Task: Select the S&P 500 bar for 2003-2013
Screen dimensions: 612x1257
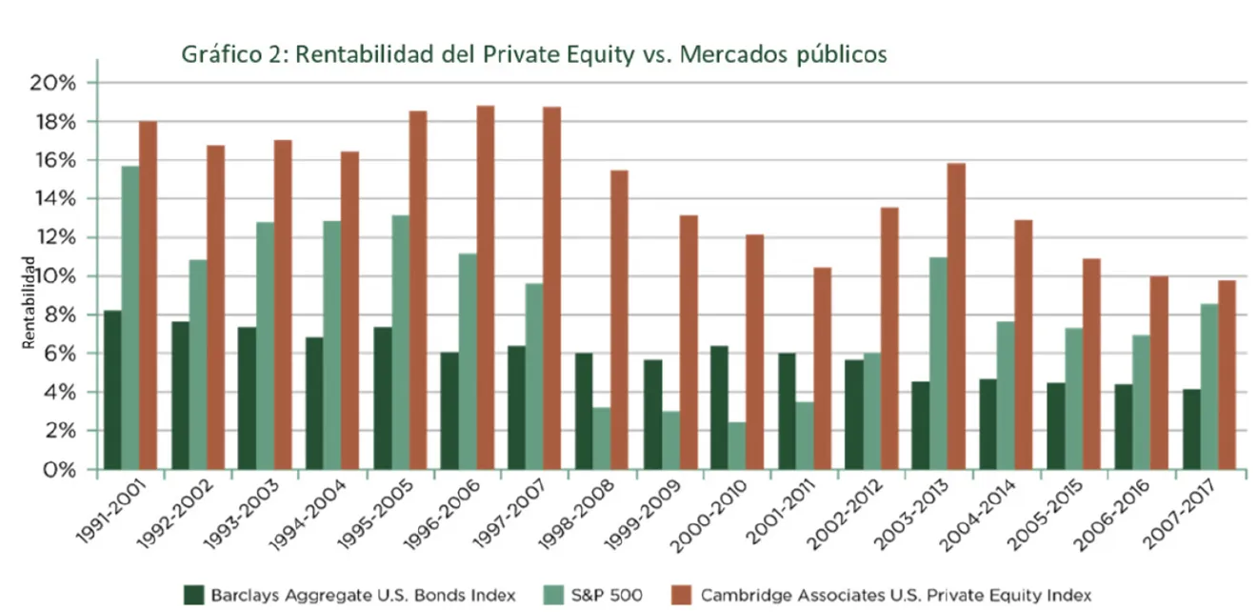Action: pos(938,363)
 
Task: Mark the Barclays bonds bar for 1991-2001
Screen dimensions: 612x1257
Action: pos(112,390)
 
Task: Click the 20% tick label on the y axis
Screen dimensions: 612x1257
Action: pos(53,83)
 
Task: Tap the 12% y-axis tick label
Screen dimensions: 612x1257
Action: pos(53,237)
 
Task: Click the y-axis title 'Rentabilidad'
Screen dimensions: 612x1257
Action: pos(30,304)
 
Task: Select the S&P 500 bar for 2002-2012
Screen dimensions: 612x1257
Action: pos(871,411)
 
